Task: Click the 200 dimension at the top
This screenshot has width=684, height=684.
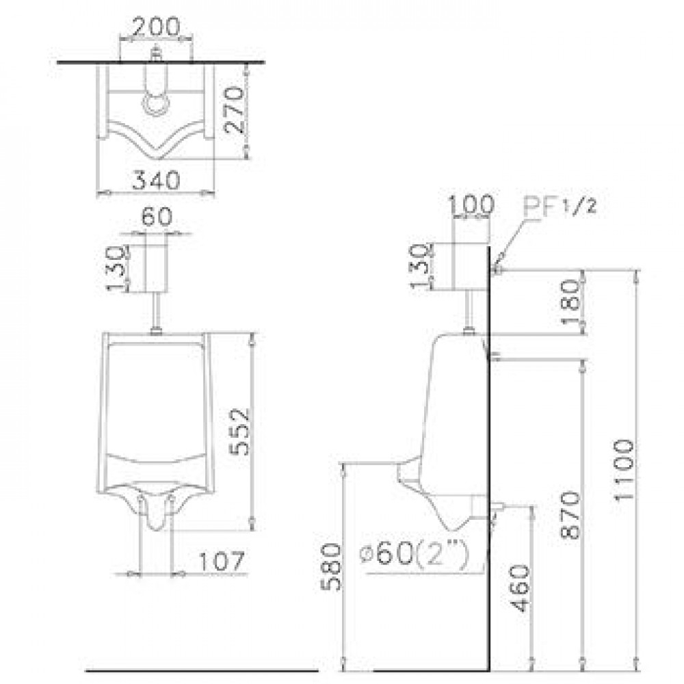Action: (156, 27)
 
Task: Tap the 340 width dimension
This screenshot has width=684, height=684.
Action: (156, 180)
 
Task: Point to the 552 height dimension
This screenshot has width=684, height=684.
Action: (239, 432)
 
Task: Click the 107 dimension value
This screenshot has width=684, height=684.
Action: (222, 561)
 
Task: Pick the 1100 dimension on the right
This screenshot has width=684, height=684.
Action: (624, 471)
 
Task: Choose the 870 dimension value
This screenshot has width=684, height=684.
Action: (571, 515)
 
